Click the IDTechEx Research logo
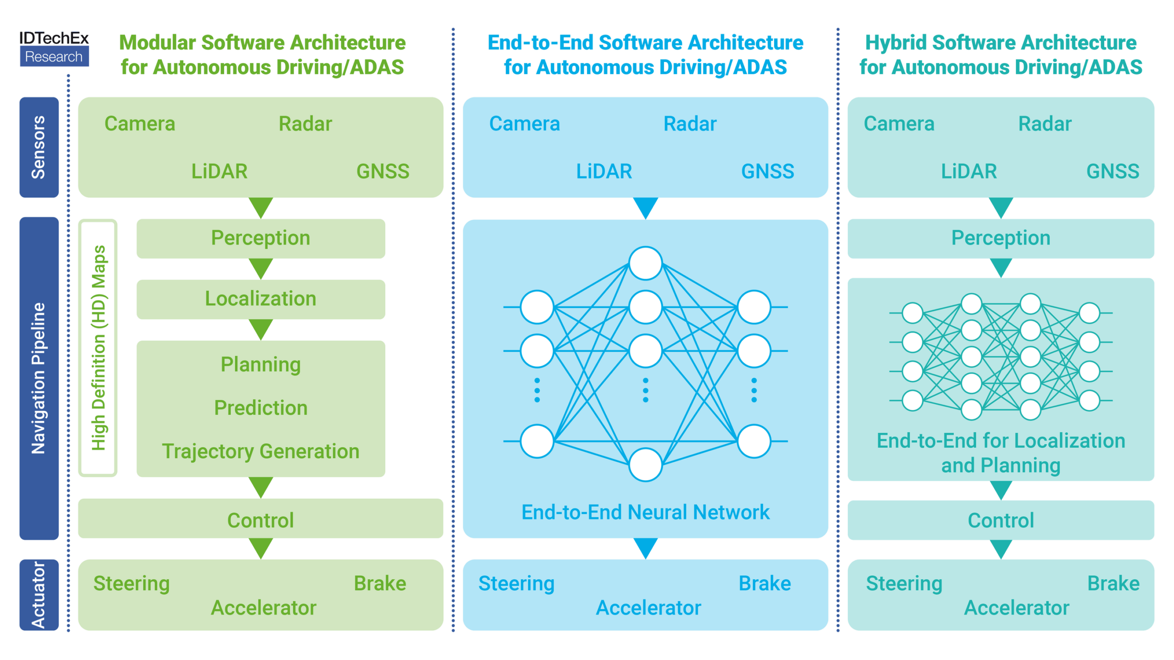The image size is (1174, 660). tap(54, 48)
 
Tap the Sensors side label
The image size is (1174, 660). tap(39, 147)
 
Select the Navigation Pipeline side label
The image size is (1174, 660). tap(39, 378)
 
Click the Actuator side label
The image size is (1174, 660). tap(39, 594)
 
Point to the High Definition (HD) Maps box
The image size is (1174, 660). tap(98, 348)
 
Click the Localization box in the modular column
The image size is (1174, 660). tap(260, 299)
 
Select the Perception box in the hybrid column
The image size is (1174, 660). tap(1000, 238)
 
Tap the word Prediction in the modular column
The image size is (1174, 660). tap(260, 407)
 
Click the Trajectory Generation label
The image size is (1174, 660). tap(260, 451)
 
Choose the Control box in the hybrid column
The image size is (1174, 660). tap(1000, 520)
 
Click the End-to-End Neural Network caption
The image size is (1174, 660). tap(645, 512)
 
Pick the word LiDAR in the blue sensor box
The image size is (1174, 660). tap(604, 171)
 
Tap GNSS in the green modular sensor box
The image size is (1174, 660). tap(382, 171)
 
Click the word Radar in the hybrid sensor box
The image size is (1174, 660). tap(1044, 124)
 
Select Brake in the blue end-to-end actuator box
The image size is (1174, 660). tap(764, 583)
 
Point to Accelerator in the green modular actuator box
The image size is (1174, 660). tap(263, 608)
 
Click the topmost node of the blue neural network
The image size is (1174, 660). tap(645, 263)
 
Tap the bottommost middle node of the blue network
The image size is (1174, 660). tap(645, 465)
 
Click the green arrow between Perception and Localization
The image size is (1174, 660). tap(260, 268)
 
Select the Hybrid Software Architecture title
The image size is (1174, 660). tap(1000, 55)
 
